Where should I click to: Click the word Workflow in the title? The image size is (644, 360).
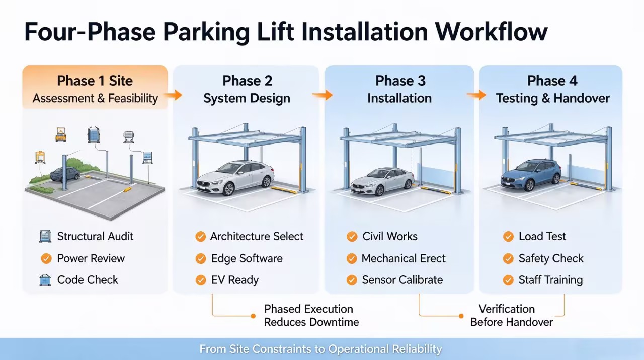(491, 31)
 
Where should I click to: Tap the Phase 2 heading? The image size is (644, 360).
(247, 81)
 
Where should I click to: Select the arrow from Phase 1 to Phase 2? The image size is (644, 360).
(174, 95)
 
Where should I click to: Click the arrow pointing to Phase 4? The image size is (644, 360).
(476, 95)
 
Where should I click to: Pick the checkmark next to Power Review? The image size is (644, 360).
(46, 258)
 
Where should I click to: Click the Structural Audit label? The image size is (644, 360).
(95, 236)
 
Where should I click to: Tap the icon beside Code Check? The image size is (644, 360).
(45, 280)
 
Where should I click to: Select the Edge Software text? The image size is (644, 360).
(247, 258)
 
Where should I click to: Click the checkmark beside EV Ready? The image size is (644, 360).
(201, 280)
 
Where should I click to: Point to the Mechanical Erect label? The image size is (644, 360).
(404, 258)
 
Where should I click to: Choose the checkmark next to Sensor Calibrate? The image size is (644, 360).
(352, 280)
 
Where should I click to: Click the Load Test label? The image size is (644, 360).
(542, 236)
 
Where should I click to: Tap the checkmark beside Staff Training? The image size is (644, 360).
(508, 280)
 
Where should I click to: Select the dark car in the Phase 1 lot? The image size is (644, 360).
(65, 175)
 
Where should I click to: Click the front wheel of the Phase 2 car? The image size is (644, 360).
(228, 189)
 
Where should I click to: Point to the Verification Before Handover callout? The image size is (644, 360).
(512, 315)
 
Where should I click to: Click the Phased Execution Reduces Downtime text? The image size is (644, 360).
(311, 315)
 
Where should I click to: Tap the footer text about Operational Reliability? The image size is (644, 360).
(320, 349)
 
